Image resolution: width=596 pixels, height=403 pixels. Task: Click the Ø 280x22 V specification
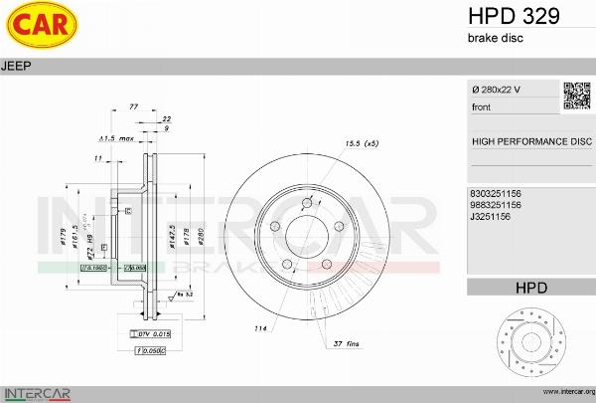498,91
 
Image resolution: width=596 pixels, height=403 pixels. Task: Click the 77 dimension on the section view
133,106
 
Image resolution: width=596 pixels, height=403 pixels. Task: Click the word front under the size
481,106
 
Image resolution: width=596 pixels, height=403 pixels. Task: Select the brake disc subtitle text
495,37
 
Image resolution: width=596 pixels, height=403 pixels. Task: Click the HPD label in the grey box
531,288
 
